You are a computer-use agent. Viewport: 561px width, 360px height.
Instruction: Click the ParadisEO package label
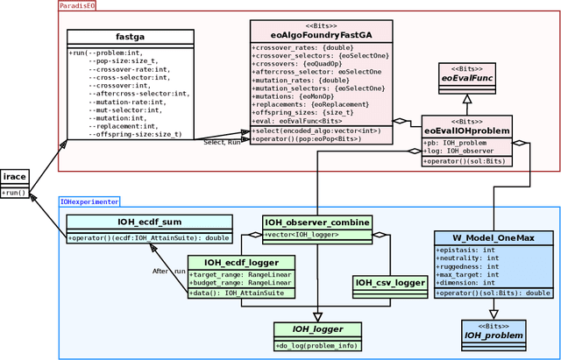[x=77, y=6]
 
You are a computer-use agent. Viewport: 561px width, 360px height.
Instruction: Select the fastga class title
[x=130, y=37]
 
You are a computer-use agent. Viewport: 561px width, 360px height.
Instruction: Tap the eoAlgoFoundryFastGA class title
[x=321, y=35]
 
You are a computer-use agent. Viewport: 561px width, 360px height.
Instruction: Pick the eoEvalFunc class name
[x=466, y=79]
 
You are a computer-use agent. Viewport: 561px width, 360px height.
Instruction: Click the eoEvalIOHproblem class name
[x=466, y=131]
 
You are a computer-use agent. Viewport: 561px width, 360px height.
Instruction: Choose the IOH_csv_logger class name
[x=388, y=282]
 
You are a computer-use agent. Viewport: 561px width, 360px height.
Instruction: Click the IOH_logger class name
[x=317, y=329]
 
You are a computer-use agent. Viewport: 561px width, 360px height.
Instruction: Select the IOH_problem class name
[x=494, y=335]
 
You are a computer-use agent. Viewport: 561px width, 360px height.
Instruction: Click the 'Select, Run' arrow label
[x=222, y=142]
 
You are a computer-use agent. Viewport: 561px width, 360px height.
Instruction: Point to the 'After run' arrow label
[x=168, y=272]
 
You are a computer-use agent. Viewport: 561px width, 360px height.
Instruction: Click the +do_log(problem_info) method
[x=317, y=346]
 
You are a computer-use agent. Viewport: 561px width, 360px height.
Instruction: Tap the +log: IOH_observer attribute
[x=461, y=152]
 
